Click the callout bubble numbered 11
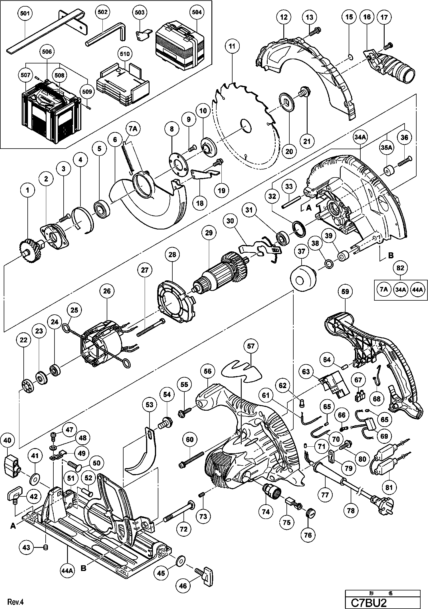click(x=232, y=46)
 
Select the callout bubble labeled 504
click(x=197, y=12)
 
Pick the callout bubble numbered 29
click(x=209, y=233)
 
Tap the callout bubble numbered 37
click(x=301, y=251)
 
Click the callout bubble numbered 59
click(x=345, y=292)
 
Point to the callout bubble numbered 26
click(x=107, y=291)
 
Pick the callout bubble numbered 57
click(x=251, y=346)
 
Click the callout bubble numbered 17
click(x=384, y=17)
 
